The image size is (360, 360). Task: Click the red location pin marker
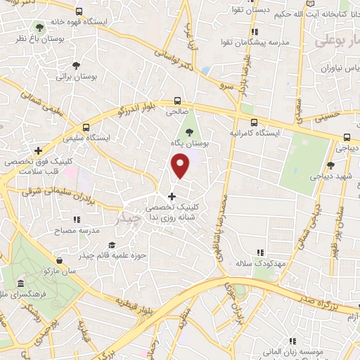[x=181, y=166]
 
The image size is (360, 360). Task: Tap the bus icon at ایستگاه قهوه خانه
[x=79, y=12]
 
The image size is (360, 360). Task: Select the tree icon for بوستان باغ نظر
[x=39, y=27]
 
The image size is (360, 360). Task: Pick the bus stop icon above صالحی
[x=178, y=101]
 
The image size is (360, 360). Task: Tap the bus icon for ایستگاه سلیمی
[x=86, y=127]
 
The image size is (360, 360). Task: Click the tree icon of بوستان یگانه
[x=188, y=131]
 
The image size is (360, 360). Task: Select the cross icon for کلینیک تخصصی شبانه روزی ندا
[x=172, y=195]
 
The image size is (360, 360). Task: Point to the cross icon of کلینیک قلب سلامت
[x=39, y=150]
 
